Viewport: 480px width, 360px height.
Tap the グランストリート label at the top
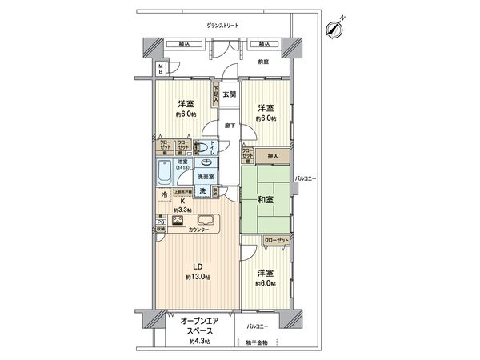[223, 26]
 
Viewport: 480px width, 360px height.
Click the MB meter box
[159, 67]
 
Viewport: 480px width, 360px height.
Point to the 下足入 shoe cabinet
[215, 94]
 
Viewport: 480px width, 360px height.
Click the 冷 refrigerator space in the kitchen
[164, 194]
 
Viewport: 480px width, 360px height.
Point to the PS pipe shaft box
[160, 222]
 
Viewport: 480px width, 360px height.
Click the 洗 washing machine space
[204, 190]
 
